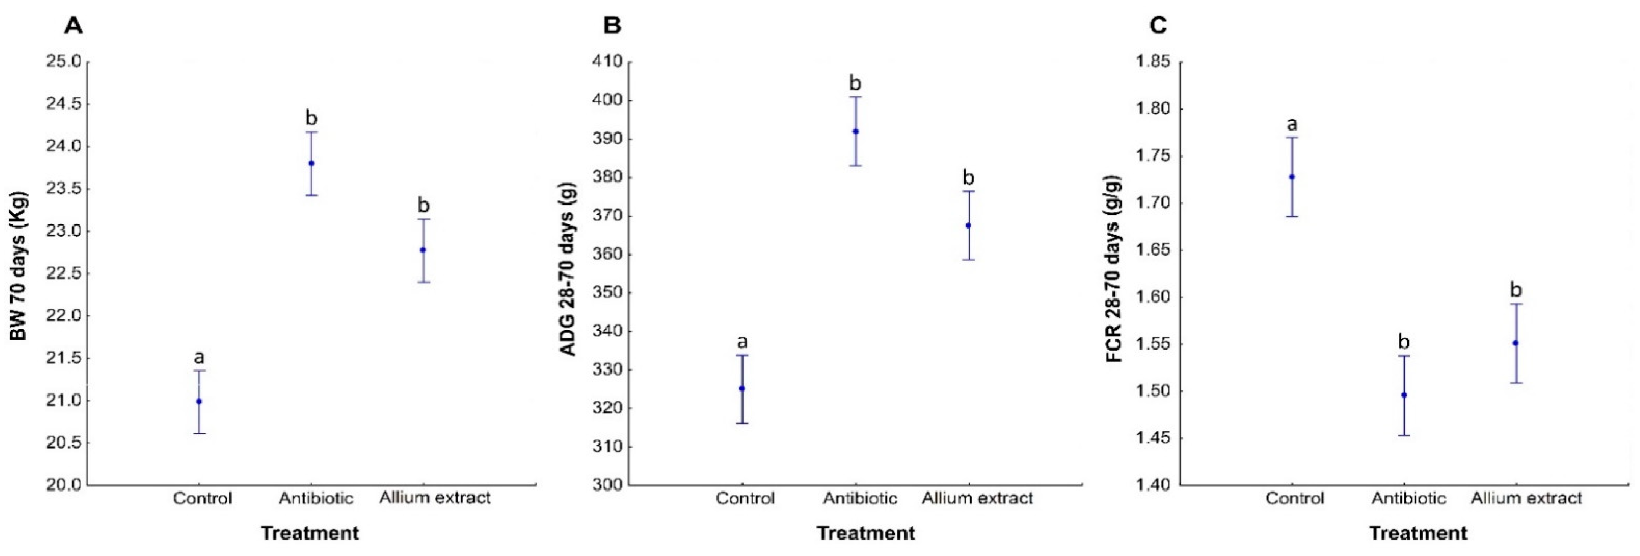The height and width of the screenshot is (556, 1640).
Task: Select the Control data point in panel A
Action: (199, 401)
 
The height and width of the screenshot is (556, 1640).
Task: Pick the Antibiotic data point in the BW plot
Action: (311, 163)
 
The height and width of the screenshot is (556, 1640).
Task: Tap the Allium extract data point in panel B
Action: (968, 226)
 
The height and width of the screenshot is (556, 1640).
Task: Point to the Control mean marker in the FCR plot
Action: (1292, 177)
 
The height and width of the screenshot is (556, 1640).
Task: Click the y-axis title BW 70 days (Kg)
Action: (19, 266)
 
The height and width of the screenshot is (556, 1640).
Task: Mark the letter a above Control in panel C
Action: (1292, 124)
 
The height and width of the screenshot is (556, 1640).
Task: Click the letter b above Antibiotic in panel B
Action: (856, 84)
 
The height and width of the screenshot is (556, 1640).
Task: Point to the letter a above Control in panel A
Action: (199, 357)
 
